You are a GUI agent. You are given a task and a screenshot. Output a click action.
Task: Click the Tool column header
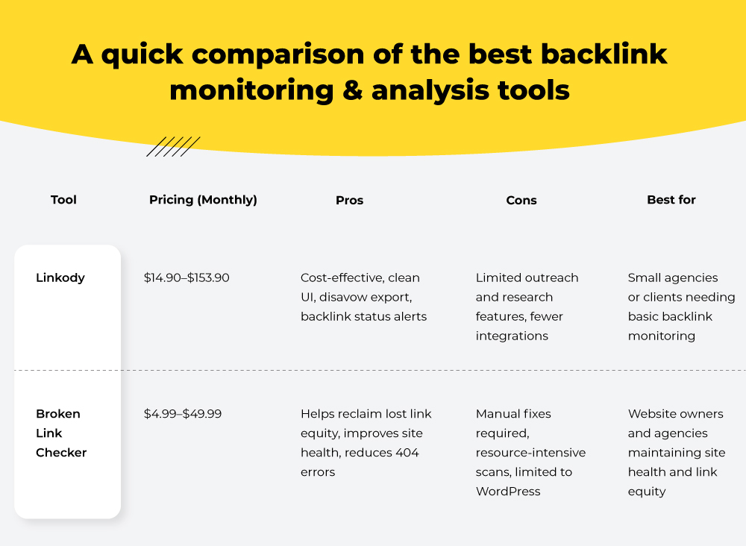click(x=63, y=200)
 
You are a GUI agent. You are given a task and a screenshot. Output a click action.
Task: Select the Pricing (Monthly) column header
click(x=203, y=200)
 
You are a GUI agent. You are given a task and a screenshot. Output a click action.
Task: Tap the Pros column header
click(x=349, y=200)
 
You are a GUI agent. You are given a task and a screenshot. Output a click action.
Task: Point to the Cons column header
click(x=521, y=200)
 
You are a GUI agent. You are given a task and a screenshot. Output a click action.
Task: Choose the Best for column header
click(x=671, y=200)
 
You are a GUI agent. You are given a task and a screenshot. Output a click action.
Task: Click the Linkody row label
click(x=60, y=277)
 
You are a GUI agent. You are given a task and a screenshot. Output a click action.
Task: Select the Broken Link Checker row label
click(x=61, y=433)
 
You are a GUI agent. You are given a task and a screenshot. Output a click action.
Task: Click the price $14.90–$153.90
click(x=186, y=277)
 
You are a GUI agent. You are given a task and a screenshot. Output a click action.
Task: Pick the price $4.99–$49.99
click(x=183, y=413)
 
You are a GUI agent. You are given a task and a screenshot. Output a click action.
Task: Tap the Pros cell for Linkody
click(x=363, y=297)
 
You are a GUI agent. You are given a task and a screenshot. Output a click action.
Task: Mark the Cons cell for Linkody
click(x=527, y=307)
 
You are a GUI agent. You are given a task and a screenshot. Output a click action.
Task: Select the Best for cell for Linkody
click(x=681, y=307)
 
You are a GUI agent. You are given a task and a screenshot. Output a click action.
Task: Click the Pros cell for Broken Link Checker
click(x=366, y=442)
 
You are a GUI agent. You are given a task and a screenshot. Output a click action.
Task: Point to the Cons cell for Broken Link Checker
click(x=530, y=452)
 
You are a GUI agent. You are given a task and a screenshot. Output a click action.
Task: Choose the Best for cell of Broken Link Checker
click(x=676, y=452)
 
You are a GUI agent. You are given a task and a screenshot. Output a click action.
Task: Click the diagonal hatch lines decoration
click(x=173, y=146)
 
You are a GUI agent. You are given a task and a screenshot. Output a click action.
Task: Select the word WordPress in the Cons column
click(x=507, y=492)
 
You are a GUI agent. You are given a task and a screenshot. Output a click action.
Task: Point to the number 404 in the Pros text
click(x=407, y=453)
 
